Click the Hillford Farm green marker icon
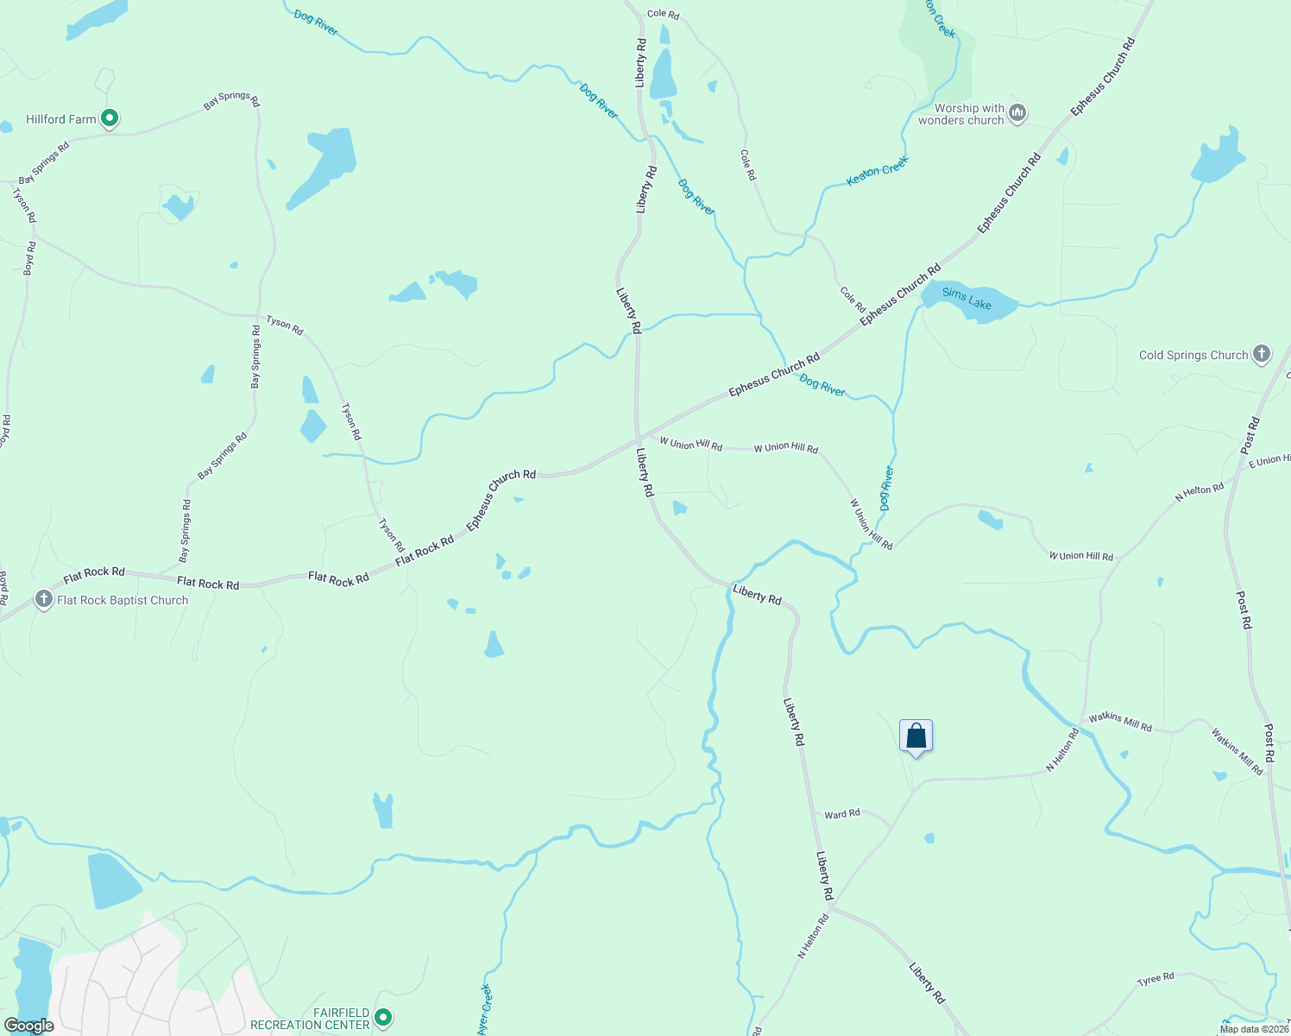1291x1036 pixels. point(110,118)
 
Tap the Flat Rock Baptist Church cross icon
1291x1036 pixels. point(44,599)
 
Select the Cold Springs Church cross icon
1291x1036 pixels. point(1262,354)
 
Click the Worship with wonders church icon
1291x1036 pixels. point(1017,113)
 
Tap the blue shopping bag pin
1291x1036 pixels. point(916,737)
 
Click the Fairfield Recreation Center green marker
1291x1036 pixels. point(383,1018)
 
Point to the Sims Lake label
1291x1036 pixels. point(967,299)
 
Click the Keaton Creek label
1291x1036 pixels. point(878,170)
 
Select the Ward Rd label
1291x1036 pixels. point(842,814)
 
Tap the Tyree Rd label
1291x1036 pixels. point(1156,979)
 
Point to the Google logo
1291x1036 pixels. point(29,1026)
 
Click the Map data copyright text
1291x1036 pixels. point(1254,1029)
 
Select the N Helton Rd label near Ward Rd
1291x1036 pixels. point(813,936)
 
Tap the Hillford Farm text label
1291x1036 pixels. point(60,119)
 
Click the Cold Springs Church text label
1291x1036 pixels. point(1193,355)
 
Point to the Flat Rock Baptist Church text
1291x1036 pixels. point(123,600)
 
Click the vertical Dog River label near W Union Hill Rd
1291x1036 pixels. point(886,489)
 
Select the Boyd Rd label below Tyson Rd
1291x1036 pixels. point(30,258)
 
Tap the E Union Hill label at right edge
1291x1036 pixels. point(1269,461)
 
